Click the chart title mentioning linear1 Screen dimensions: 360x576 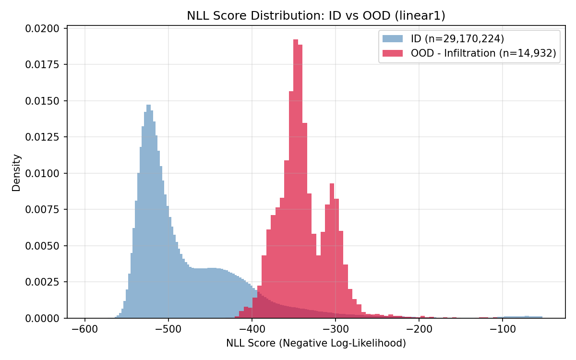[x=316, y=16]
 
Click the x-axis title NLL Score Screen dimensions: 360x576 [x=316, y=343]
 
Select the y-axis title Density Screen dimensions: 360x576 [x=16, y=173]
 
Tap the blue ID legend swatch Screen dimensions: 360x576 [x=392, y=38]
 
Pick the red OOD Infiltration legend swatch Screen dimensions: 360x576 [x=392, y=53]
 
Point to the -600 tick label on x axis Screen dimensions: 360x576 [x=85, y=330]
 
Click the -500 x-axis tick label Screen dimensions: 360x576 [x=168, y=330]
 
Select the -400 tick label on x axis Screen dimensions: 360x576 [x=252, y=330]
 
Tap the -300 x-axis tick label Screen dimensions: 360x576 [x=336, y=330]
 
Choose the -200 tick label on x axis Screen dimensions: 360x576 [x=419, y=330]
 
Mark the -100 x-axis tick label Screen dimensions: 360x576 [x=503, y=330]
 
